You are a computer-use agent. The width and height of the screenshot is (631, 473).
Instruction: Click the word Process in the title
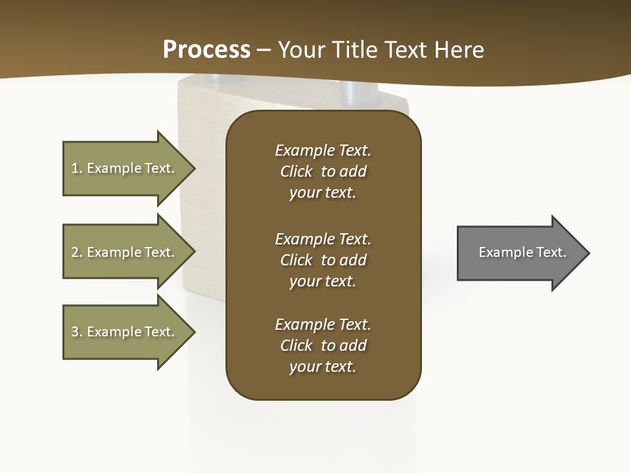(206, 50)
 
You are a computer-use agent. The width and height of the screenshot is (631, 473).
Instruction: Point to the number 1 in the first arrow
(75, 168)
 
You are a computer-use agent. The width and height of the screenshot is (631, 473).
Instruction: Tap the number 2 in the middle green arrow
(75, 252)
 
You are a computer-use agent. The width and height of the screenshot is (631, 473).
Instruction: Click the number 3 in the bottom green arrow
(75, 332)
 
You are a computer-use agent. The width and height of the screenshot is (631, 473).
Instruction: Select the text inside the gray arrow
(522, 252)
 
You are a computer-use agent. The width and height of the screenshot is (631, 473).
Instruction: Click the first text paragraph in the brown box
(323, 171)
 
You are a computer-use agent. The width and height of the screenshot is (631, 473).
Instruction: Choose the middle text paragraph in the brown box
(323, 260)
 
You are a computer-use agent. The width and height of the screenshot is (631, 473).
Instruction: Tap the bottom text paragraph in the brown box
(323, 346)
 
